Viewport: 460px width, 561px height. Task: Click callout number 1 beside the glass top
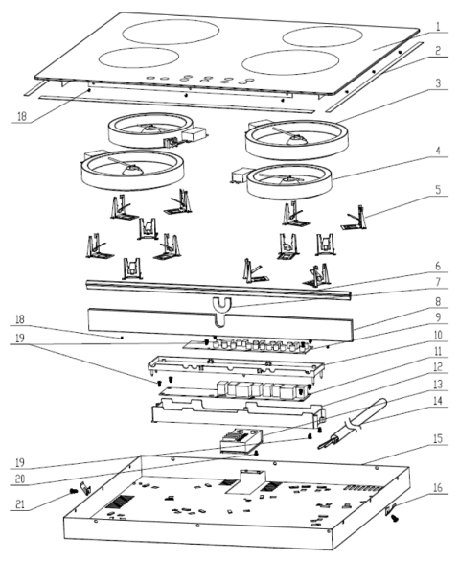[438, 27]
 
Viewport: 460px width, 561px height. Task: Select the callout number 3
[438, 83]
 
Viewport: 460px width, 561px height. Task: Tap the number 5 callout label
[439, 190]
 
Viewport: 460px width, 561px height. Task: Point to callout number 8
[439, 301]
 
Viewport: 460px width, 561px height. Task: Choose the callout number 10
[438, 335]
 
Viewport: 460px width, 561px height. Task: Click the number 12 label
[438, 366]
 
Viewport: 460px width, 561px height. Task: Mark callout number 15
[438, 438]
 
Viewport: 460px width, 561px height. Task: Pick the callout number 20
[20, 479]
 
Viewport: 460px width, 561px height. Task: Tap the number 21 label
[20, 503]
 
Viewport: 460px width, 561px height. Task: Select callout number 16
[438, 487]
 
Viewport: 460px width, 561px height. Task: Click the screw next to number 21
[74, 491]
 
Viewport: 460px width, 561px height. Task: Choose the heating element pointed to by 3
[297, 140]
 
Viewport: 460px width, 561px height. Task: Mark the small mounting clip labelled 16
[391, 508]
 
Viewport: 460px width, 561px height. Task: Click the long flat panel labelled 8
[220, 325]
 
